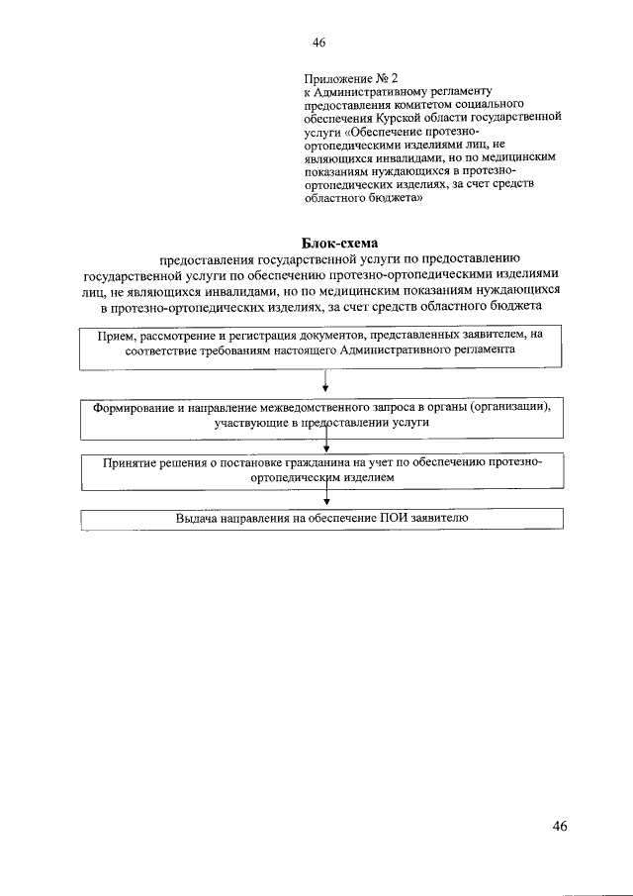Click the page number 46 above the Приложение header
(x=318, y=42)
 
